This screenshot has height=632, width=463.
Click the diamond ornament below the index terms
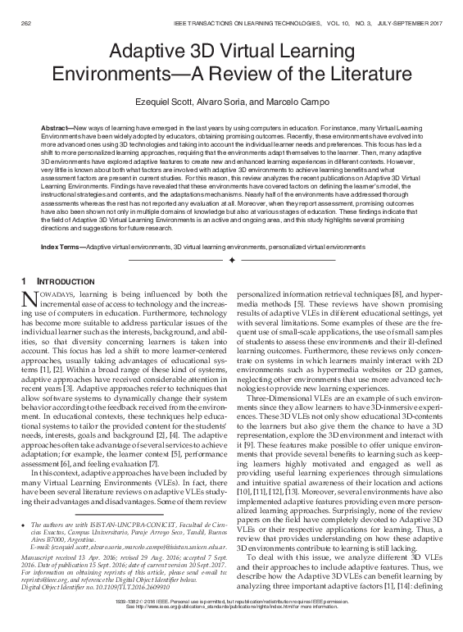coord(231,260)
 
